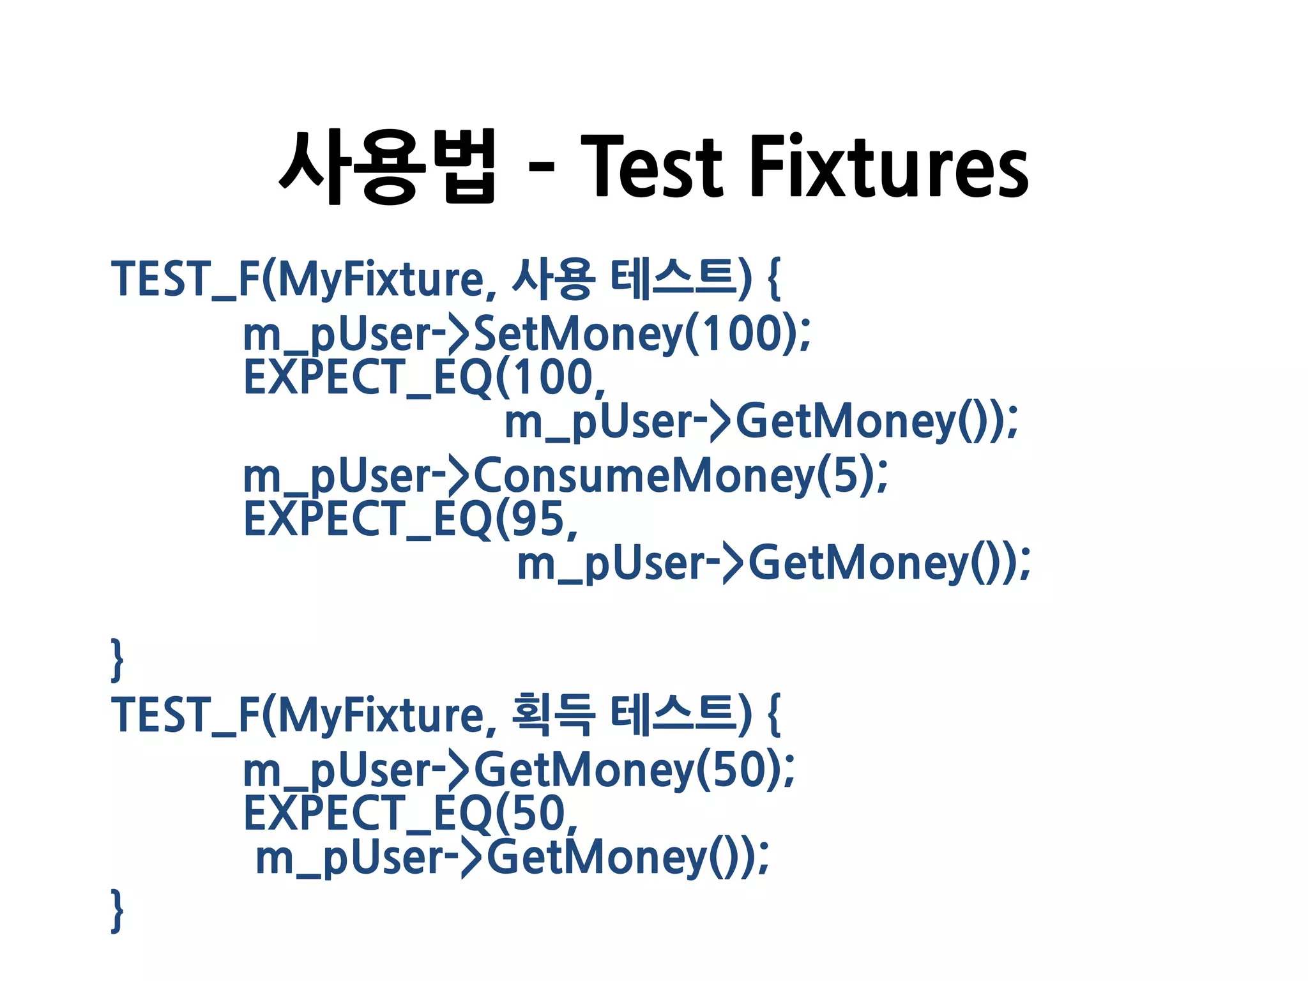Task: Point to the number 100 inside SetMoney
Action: click(742, 334)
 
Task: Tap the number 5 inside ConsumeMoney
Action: click(844, 476)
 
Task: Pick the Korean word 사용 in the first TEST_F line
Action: click(553, 279)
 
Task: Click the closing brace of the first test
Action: click(117, 659)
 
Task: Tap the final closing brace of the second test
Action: click(117, 910)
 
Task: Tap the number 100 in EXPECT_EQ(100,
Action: click(553, 377)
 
